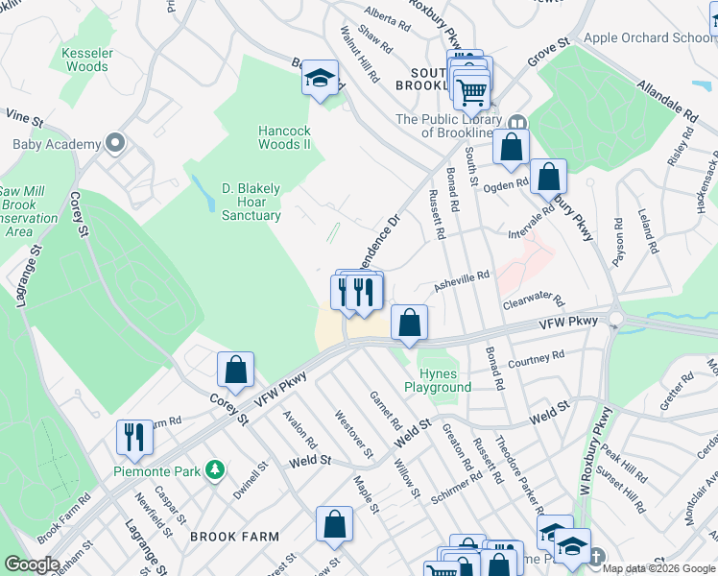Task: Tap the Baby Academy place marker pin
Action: [116, 144]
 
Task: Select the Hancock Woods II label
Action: [284, 137]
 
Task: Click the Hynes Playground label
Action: [438, 380]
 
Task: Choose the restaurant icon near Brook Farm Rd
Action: [134, 437]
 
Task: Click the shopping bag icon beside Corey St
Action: [235, 370]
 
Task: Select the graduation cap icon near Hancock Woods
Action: [320, 78]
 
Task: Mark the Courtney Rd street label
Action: [536, 359]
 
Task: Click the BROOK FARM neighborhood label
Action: [234, 538]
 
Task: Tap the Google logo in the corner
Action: [32, 564]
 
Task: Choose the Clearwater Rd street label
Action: [533, 303]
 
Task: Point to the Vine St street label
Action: [25, 119]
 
